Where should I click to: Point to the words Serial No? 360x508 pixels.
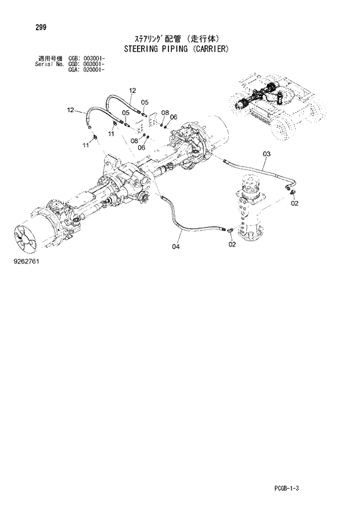click(46, 64)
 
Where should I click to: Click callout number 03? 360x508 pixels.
click(267, 154)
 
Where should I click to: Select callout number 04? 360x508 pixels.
click(176, 246)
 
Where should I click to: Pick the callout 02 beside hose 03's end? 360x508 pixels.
click(294, 203)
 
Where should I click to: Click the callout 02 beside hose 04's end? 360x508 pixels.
click(232, 244)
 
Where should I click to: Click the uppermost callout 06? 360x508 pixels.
click(174, 117)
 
